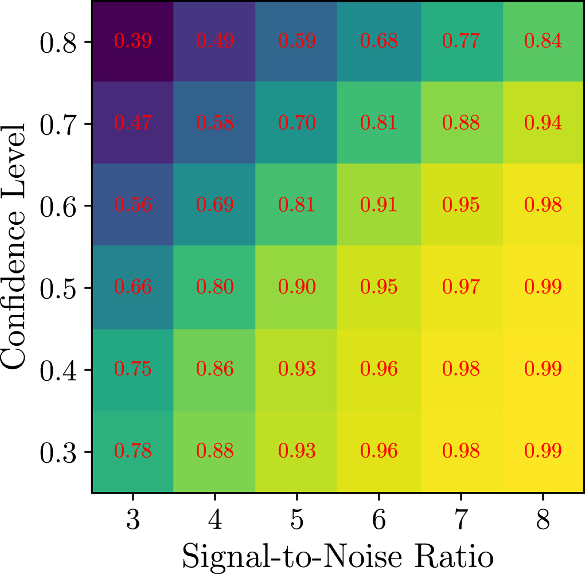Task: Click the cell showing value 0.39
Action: [x=132, y=41]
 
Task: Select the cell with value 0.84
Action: [x=543, y=41]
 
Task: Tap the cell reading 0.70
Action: [x=297, y=123]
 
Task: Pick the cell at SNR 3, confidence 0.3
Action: [x=132, y=451]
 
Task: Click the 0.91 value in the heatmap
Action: [x=379, y=205]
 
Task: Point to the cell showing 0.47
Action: [x=132, y=123]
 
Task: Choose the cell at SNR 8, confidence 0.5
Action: [x=543, y=287]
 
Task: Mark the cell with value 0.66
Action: [x=132, y=287]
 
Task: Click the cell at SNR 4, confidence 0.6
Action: [x=214, y=205]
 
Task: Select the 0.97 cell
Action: [x=461, y=287]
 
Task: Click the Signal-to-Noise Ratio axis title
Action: [x=338, y=555]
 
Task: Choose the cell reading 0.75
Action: [x=132, y=369]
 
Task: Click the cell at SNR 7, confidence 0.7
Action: [x=461, y=123]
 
